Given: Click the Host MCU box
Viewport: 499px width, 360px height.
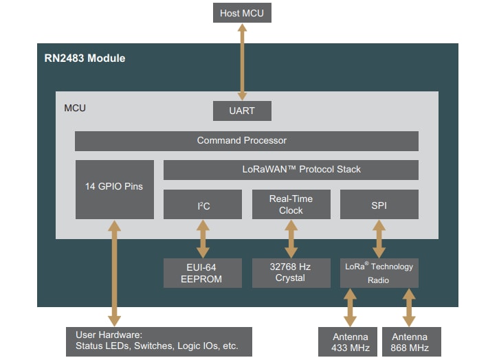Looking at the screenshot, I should click(242, 12).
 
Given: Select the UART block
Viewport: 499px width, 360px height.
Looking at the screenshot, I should click(242, 111).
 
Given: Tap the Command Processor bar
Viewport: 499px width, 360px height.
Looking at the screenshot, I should click(246, 141).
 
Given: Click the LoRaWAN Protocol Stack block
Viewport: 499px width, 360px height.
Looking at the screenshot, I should click(291, 170).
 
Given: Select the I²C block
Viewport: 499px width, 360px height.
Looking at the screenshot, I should click(203, 205).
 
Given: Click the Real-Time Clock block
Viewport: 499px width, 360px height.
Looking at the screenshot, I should click(291, 205).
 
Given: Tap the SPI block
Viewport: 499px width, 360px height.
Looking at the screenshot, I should click(379, 205).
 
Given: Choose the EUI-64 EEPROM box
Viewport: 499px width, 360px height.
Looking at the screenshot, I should click(203, 273).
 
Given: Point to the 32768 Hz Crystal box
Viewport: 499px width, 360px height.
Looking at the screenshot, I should click(291, 273).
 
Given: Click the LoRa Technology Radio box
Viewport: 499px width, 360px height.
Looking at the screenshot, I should click(379, 273).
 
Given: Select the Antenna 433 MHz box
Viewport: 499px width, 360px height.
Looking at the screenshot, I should click(350, 341).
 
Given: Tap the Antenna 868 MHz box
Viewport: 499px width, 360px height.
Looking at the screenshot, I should click(409, 341).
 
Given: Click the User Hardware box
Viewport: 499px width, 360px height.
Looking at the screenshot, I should click(159, 341).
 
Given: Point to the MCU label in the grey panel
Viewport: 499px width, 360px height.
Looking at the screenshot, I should click(75, 109).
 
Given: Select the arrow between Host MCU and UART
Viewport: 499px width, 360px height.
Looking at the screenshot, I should click(242, 62).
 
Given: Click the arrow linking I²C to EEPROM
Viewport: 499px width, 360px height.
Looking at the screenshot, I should click(203, 239).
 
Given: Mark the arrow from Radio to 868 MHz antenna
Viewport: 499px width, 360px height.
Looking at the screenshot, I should click(409, 307).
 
